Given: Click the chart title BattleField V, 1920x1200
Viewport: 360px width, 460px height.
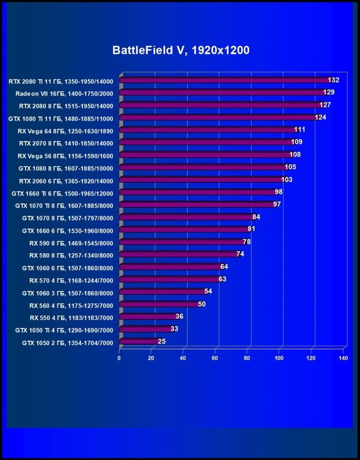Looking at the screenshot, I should pyautogui.click(x=180, y=51).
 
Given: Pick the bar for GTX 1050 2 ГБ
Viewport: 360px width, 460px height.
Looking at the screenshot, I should pyautogui.click(x=138, y=341).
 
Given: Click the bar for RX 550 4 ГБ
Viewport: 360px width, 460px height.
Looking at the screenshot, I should pyautogui.click(x=147, y=317).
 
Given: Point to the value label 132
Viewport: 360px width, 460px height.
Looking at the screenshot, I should pyautogui.click(x=333, y=80).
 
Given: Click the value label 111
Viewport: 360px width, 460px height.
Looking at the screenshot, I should pyautogui.click(x=299, y=130).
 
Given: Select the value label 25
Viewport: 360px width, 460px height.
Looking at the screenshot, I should pyautogui.click(x=162, y=341).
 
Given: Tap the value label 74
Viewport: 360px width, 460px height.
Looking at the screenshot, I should pyautogui.click(x=240, y=254).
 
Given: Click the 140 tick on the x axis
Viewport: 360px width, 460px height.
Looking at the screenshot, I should pyautogui.click(x=343, y=358).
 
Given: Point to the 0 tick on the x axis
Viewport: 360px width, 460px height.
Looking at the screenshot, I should pyautogui.click(x=119, y=358).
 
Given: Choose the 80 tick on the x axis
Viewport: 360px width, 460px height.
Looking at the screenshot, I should pyautogui.click(x=247, y=358).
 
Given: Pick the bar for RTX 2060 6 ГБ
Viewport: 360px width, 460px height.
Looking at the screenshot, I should pyautogui.click(x=201, y=180).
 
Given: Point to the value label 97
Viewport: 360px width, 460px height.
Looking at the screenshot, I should pyautogui.click(x=277, y=204).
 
